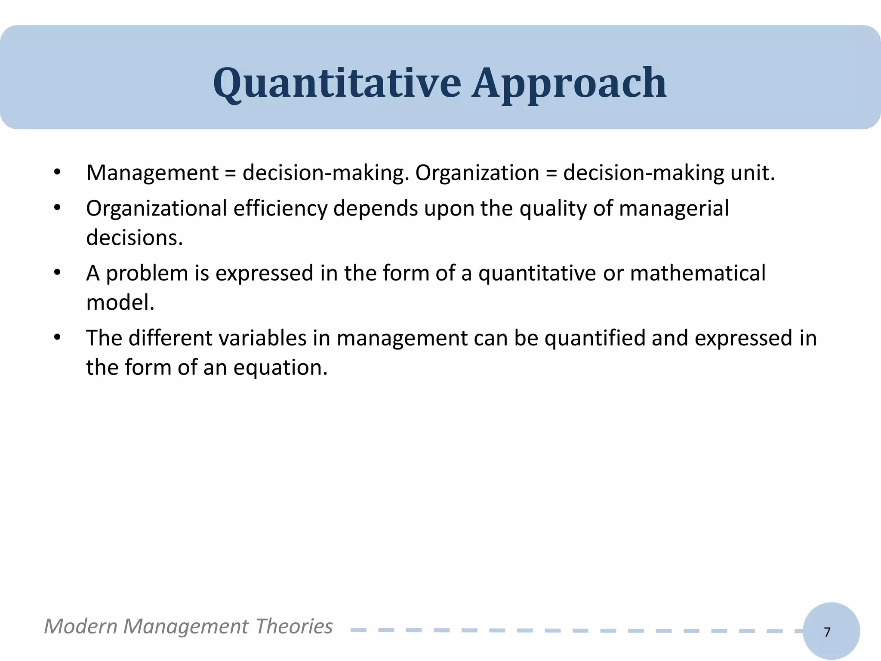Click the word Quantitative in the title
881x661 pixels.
(337, 83)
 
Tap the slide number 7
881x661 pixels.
(827, 632)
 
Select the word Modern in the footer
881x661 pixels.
(80, 626)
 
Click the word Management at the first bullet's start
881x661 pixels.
(152, 173)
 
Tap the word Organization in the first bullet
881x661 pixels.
(477, 173)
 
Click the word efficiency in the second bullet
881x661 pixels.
(280, 209)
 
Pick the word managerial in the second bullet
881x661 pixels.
(674, 209)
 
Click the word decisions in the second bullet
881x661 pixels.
(134, 238)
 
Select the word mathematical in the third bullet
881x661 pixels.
(698, 274)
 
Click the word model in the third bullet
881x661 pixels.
(120, 303)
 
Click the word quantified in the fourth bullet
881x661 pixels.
(595, 338)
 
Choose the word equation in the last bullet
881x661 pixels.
(280, 368)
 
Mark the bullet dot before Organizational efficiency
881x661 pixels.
(57, 208)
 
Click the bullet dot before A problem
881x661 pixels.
(57, 273)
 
